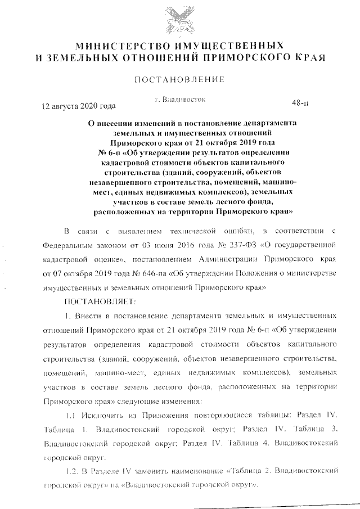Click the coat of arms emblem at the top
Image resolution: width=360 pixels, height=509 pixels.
(x=179, y=19)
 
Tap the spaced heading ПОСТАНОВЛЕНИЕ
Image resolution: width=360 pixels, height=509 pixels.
(x=179, y=80)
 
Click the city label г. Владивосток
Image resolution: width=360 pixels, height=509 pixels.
(x=179, y=100)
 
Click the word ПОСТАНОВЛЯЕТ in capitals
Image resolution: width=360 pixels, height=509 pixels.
(x=96, y=302)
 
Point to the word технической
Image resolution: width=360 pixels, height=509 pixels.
(x=195, y=231)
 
